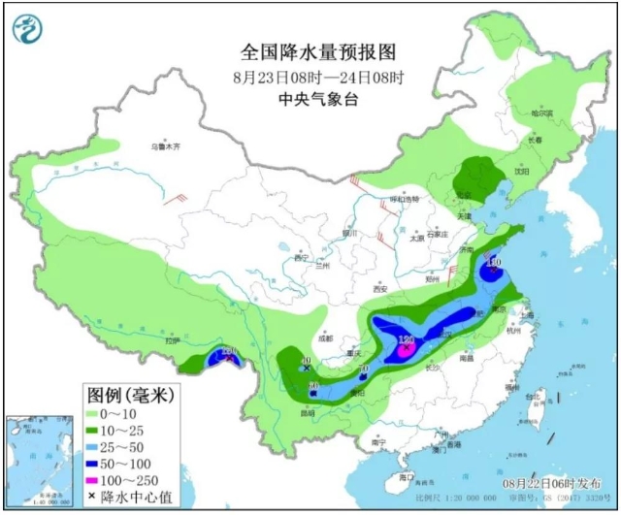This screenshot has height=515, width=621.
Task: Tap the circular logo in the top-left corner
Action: click(29, 29)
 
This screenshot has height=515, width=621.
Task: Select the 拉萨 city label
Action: click(173, 340)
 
